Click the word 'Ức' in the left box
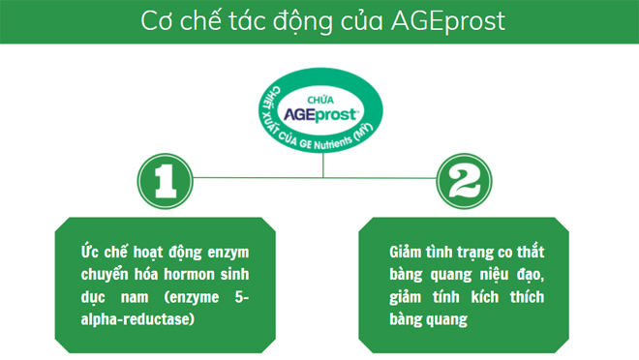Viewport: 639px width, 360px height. click(x=91, y=253)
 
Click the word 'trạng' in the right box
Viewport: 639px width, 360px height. click(x=477, y=253)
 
